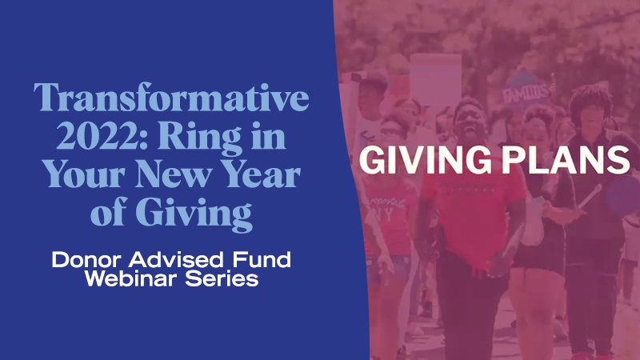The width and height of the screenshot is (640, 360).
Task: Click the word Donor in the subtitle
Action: [82, 260]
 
